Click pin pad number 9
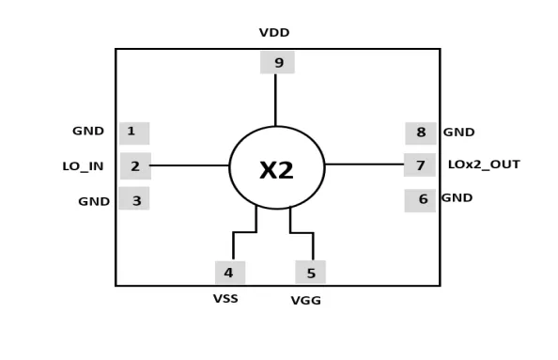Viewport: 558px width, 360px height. coord(277,62)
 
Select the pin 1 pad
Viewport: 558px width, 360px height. coord(134,133)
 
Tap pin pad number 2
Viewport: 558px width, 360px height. coord(135,166)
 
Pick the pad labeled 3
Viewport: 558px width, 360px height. coord(134,198)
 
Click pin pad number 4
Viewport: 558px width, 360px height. coord(230,273)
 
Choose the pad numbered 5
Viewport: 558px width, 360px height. coord(310,272)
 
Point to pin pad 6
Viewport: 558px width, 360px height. coord(420,200)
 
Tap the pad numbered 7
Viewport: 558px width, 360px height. coord(420,164)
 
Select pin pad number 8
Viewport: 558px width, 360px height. coord(421,133)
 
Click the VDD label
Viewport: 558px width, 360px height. coord(274,33)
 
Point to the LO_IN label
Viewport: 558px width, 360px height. coord(83,166)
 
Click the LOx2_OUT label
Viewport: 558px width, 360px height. coord(484,164)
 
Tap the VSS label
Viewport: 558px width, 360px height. coord(225,299)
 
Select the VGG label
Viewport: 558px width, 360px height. coord(306,301)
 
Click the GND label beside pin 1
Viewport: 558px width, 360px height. coord(88,131)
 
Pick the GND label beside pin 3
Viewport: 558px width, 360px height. coord(94,201)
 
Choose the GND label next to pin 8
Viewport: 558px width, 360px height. coord(458,133)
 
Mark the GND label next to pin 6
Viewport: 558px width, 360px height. coord(457,198)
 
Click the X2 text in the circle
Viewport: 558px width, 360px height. coord(276,170)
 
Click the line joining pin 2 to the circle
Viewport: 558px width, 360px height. coord(189,165)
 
